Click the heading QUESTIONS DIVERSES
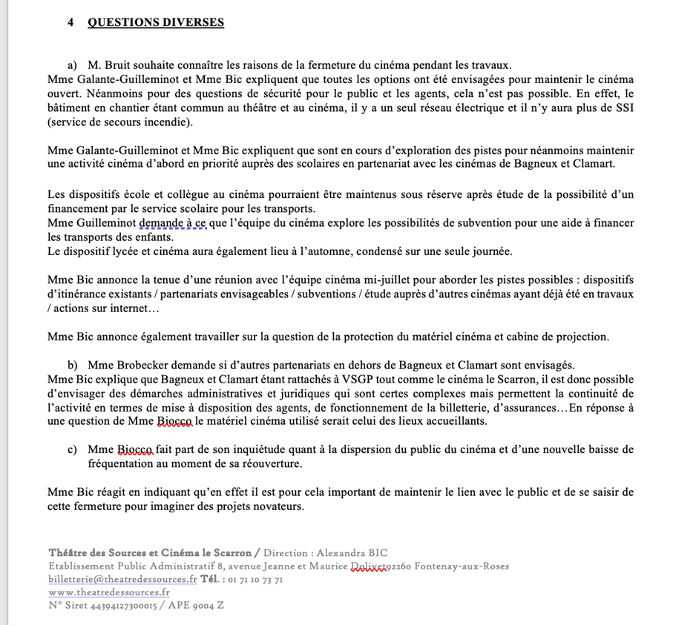156,22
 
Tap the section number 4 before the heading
70,22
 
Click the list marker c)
72,449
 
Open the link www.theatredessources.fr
108,592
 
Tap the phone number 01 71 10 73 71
252,579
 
